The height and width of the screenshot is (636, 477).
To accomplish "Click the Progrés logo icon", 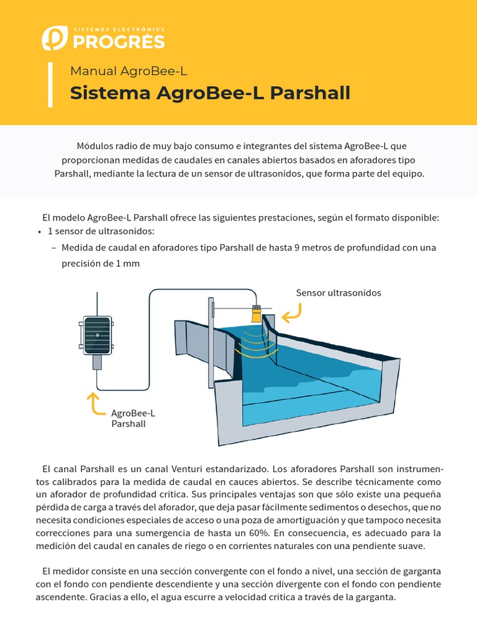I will point(53,38).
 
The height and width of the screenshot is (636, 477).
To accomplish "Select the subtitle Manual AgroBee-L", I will point(129,71).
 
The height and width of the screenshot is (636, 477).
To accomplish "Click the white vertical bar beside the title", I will point(49,84).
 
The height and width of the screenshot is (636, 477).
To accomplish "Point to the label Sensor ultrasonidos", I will point(338,293).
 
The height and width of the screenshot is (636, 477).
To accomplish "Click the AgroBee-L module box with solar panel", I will point(97,336).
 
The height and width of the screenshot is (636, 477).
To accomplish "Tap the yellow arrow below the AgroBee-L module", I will point(96,404).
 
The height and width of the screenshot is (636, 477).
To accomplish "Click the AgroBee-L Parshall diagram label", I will point(133,419).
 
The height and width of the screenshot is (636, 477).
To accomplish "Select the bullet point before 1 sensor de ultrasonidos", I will point(39,232).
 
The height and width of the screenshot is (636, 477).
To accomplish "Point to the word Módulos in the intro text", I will point(95,146).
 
